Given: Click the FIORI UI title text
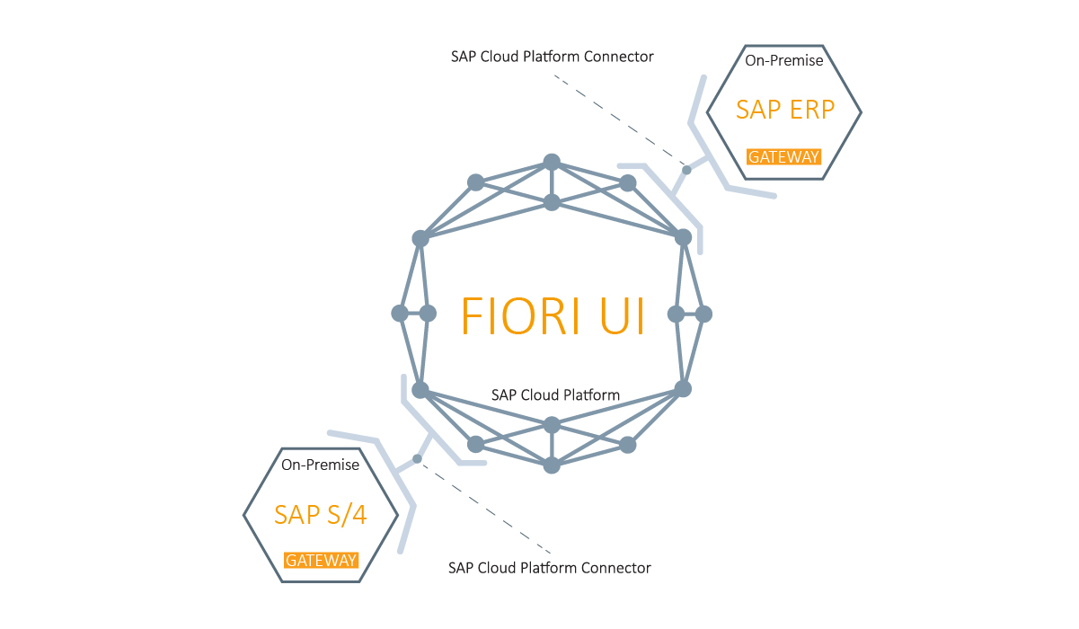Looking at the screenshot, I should coord(553,314).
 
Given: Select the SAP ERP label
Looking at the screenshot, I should coord(785,109).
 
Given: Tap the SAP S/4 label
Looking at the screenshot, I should coord(322,514).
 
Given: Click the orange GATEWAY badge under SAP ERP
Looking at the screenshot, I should coord(784,156).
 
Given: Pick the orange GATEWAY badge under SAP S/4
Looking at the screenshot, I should coord(322,561).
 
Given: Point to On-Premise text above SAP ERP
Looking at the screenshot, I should coord(784,61).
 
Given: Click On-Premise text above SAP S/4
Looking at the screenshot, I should coord(321,465).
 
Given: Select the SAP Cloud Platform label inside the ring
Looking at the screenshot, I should coord(555,394).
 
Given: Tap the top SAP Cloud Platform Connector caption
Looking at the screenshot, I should coord(552,56).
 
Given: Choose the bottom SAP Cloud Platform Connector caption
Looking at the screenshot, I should coord(549,568).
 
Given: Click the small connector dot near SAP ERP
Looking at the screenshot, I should coord(686,169).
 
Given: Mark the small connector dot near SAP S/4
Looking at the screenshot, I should coord(417,458).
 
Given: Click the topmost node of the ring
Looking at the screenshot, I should coord(552,163).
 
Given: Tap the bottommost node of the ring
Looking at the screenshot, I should coord(552,465).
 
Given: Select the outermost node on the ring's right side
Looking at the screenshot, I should coord(704,314).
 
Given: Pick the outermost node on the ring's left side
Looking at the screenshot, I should coord(400,314).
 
